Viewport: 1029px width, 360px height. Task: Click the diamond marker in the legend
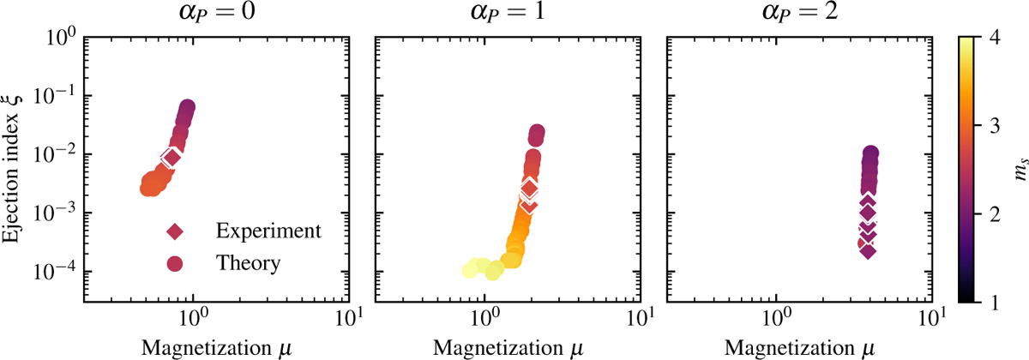pyautogui.click(x=175, y=231)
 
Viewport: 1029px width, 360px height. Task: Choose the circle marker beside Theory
pyautogui.click(x=175, y=263)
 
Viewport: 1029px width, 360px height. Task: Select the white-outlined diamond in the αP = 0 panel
pyautogui.click(x=171, y=156)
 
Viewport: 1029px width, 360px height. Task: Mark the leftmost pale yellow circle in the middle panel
pyautogui.click(x=470, y=270)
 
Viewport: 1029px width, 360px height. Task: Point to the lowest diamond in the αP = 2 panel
pyautogui.click(x=868, y=250)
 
